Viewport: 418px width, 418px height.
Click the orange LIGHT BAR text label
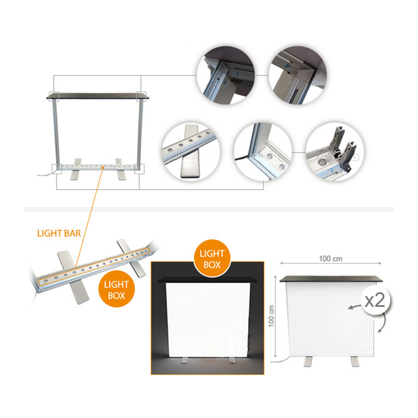point(59,233)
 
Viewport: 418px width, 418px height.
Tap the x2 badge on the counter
point(375,301)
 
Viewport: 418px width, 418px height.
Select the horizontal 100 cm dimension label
point(331,259)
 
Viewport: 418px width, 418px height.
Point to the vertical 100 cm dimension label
point(271,316)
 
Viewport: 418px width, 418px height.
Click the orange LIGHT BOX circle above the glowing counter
point(212,259)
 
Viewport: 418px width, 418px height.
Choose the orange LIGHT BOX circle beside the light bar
point(116,289)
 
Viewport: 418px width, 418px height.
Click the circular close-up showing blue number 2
point(335,152)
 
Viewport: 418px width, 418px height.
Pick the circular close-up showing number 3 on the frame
point(226,75)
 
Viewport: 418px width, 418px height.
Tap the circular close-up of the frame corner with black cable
point(263,152)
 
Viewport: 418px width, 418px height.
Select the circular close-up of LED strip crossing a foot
point(191,152)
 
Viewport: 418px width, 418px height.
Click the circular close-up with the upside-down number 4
point(298,75)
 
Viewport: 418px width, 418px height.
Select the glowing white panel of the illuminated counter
point(208,320)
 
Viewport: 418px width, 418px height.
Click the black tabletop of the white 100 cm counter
point(331,279)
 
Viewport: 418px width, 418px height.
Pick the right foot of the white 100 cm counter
point(355,361)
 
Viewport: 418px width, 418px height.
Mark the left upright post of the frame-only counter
point(56,133)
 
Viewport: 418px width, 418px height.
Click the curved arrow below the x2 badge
point(383,324)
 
